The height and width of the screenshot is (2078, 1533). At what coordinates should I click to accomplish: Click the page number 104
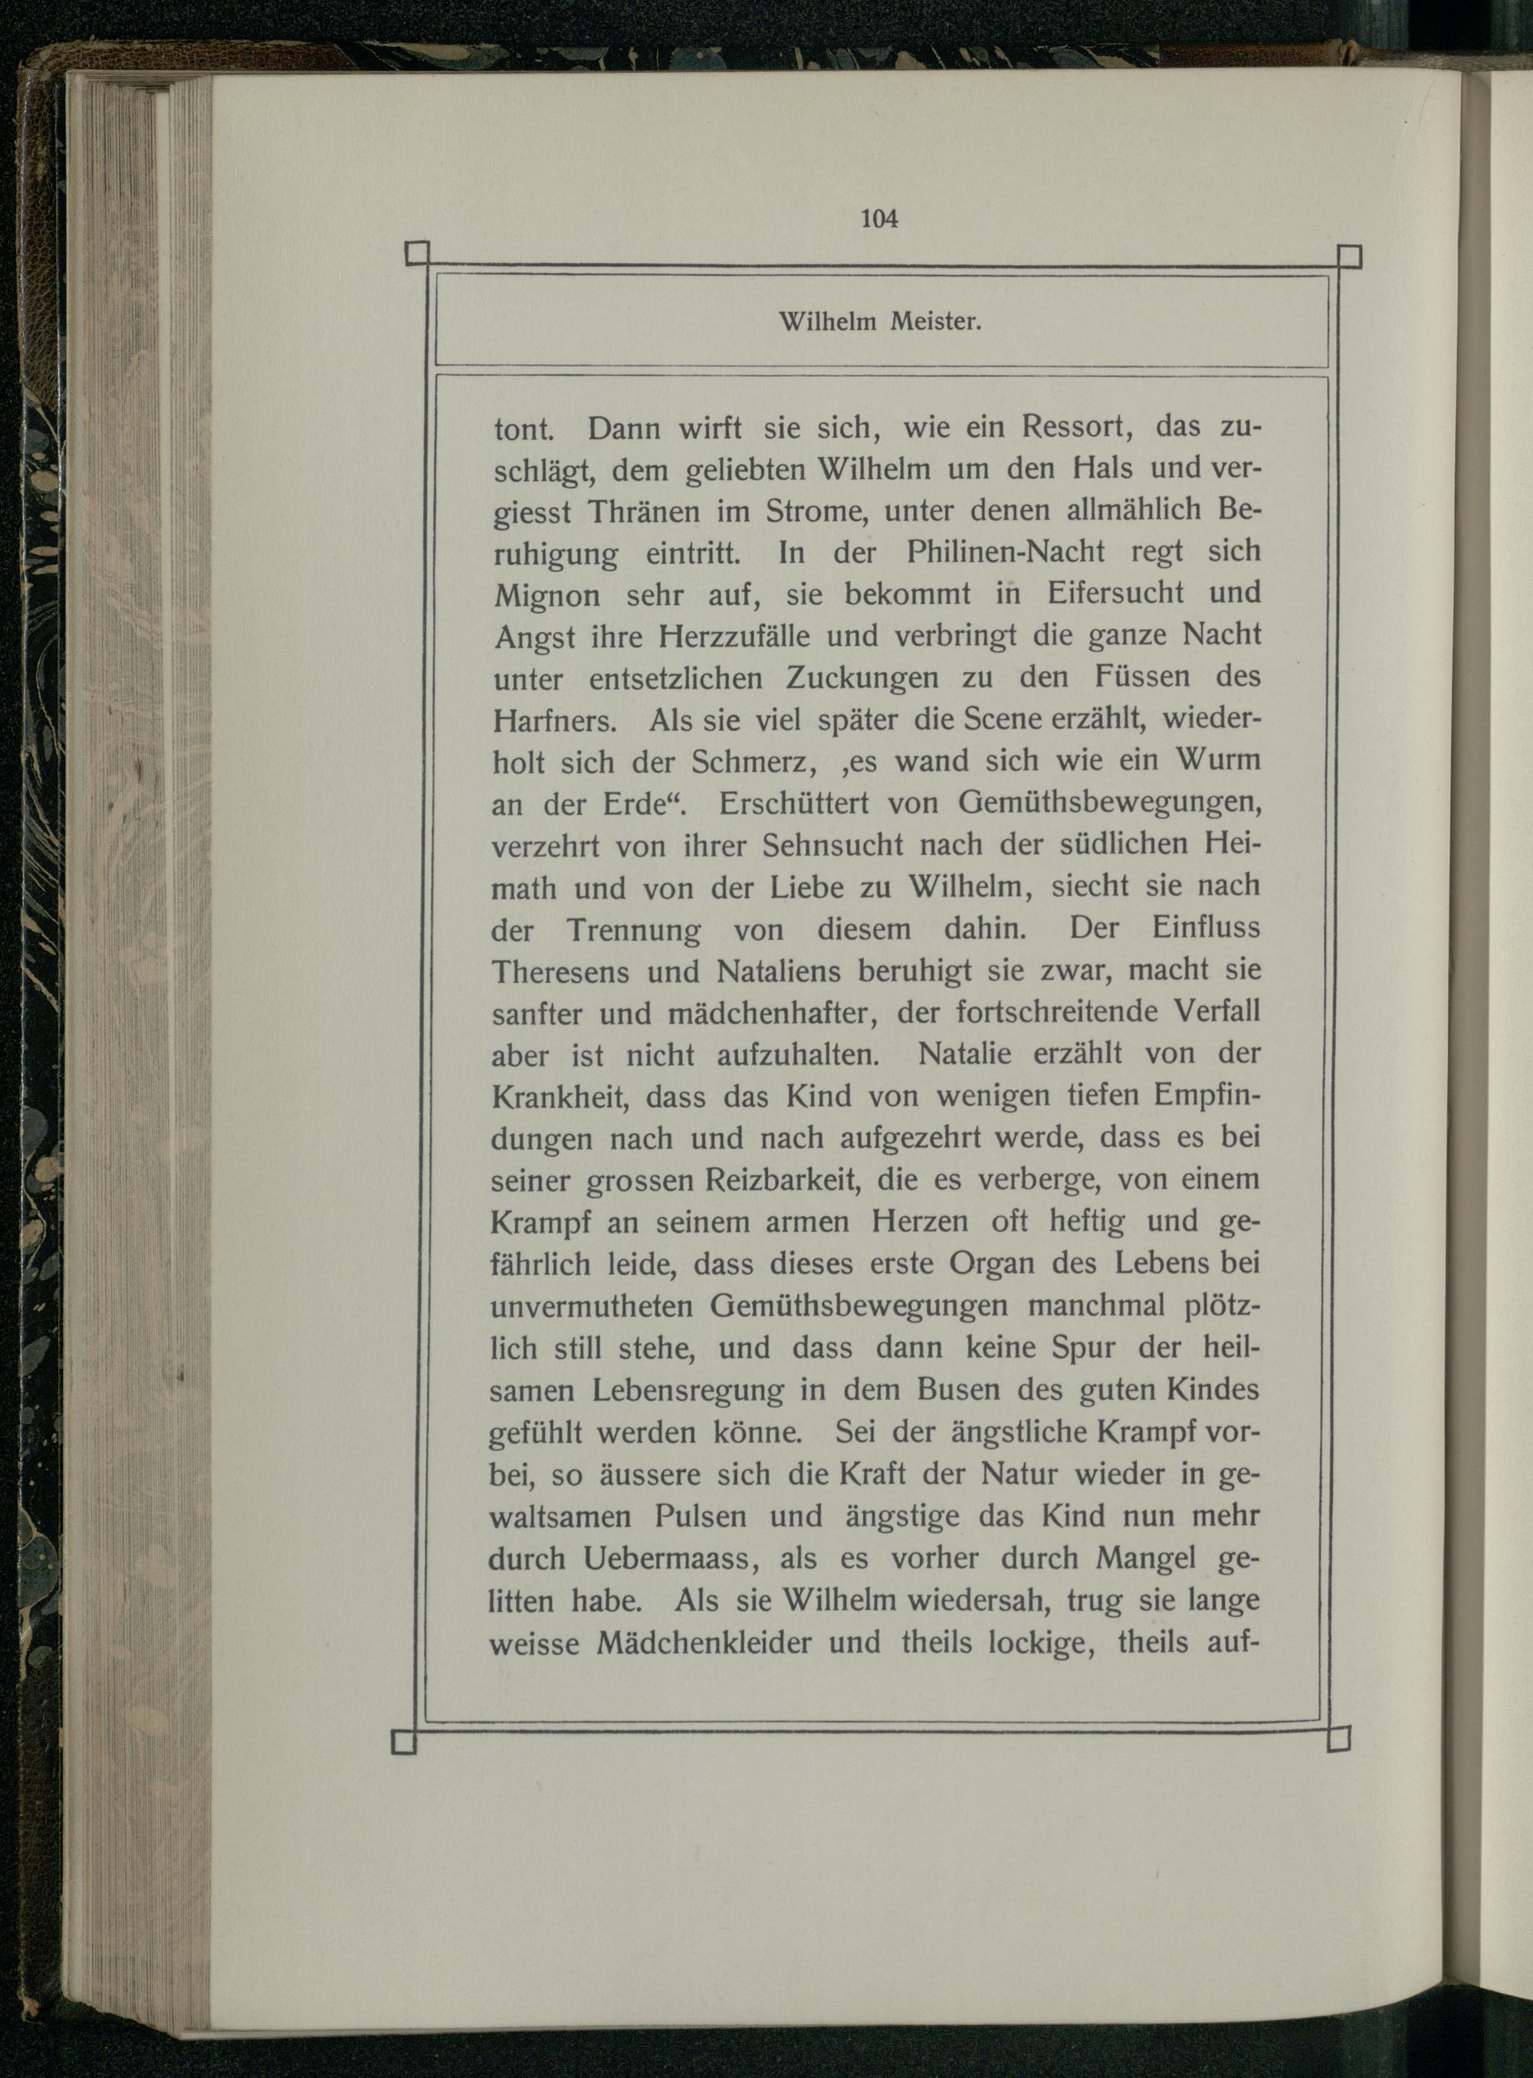(878, 219)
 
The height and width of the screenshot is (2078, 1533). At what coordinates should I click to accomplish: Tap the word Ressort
(1074, 428)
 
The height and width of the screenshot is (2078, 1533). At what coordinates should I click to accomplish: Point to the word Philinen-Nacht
(1005, 553)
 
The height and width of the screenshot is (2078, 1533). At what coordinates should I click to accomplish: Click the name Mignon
(547, 595)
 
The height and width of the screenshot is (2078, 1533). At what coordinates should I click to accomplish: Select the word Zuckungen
(862, 678)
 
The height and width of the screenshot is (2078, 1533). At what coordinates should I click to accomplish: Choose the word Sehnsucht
(832, 845)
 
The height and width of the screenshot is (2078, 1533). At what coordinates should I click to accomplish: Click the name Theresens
(560, 972)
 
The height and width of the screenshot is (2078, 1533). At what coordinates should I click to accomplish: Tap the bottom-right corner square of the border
(1338, 1739)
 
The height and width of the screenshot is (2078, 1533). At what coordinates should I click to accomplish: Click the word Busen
(960, 1391)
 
